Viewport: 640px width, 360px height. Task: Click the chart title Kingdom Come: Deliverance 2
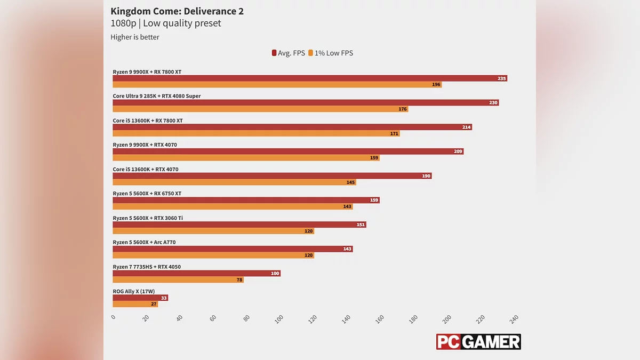pos(177,11)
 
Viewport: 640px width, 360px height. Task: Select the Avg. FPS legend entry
pos(288,53)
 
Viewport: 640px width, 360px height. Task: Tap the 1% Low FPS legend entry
pos(330,53)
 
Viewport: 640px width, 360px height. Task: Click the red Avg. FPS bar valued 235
pos(309,78)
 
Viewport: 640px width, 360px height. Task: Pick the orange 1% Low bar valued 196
pos(277,84)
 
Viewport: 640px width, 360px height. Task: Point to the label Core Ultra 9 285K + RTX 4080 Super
pos(157,97)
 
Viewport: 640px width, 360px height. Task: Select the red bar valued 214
pos(292,127)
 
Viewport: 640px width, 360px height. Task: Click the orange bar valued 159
pos(246,157)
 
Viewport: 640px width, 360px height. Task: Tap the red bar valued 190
pos(271,175)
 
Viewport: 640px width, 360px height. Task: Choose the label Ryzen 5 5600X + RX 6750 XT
pos(147,194)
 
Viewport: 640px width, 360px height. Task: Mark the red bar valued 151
pos(239,225)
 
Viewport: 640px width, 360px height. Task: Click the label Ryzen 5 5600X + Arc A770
pos(144,243)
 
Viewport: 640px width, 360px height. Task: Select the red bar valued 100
pos(196,273)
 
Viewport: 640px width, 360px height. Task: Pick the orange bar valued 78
pos(178,279)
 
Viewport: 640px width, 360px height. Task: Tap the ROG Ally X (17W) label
pos(134,291)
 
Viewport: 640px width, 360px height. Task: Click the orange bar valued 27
pos(135,304)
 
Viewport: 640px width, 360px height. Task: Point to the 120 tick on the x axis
pos(313,318)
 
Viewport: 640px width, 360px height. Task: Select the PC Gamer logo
pos(478,342)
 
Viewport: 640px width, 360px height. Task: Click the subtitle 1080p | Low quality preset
pos(165,23)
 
